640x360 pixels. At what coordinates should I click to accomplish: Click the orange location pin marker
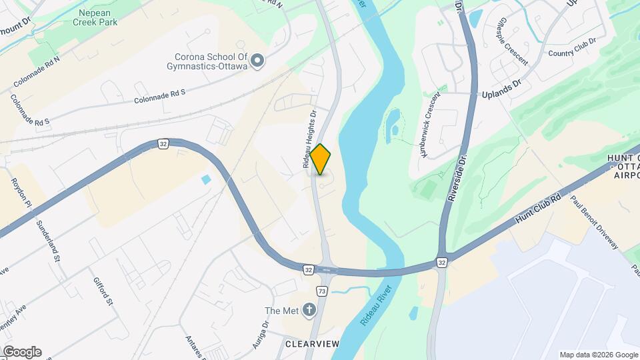click(x=321, y=159)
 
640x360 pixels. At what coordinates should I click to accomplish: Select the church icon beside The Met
click(x=309, y=309)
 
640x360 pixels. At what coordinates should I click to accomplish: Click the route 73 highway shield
click(x=322, y=291)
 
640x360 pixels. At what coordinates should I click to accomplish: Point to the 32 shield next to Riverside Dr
click(x=442, y=263)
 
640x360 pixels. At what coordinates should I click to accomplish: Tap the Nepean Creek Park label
click(x=104, y=18)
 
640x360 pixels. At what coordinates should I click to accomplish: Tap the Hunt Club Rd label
click(x=538, y=207)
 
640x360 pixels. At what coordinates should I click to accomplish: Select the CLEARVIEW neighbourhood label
click(x=312, y=344)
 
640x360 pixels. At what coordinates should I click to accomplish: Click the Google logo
click(x=22, y=351)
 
